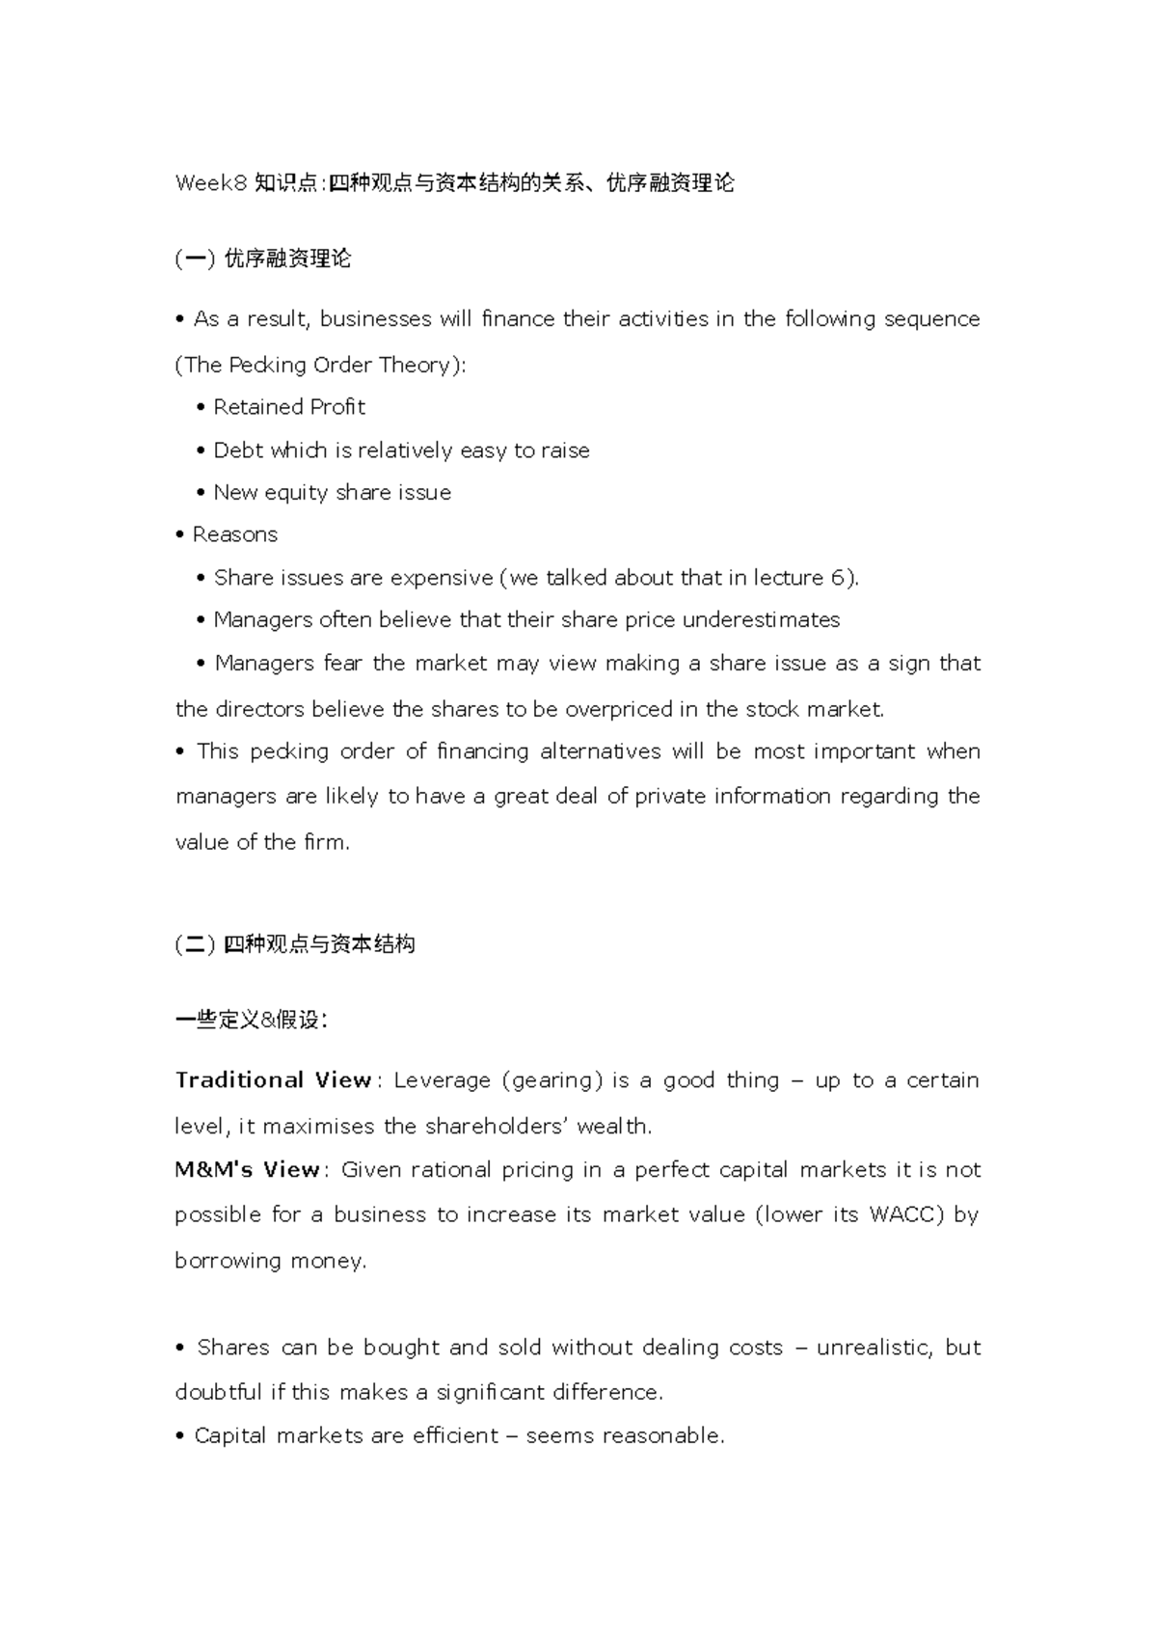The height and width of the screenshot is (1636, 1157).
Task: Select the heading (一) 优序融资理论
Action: coord(262,259)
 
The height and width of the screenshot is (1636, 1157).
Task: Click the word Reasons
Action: coord(234,534)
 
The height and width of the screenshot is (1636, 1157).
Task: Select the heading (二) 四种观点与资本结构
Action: coord(294,944)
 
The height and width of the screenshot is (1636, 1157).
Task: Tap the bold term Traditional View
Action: coord(273,1080)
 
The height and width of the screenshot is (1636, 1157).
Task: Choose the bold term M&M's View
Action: coord(247,1170)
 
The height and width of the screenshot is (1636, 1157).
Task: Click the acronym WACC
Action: coord(906,1214)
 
